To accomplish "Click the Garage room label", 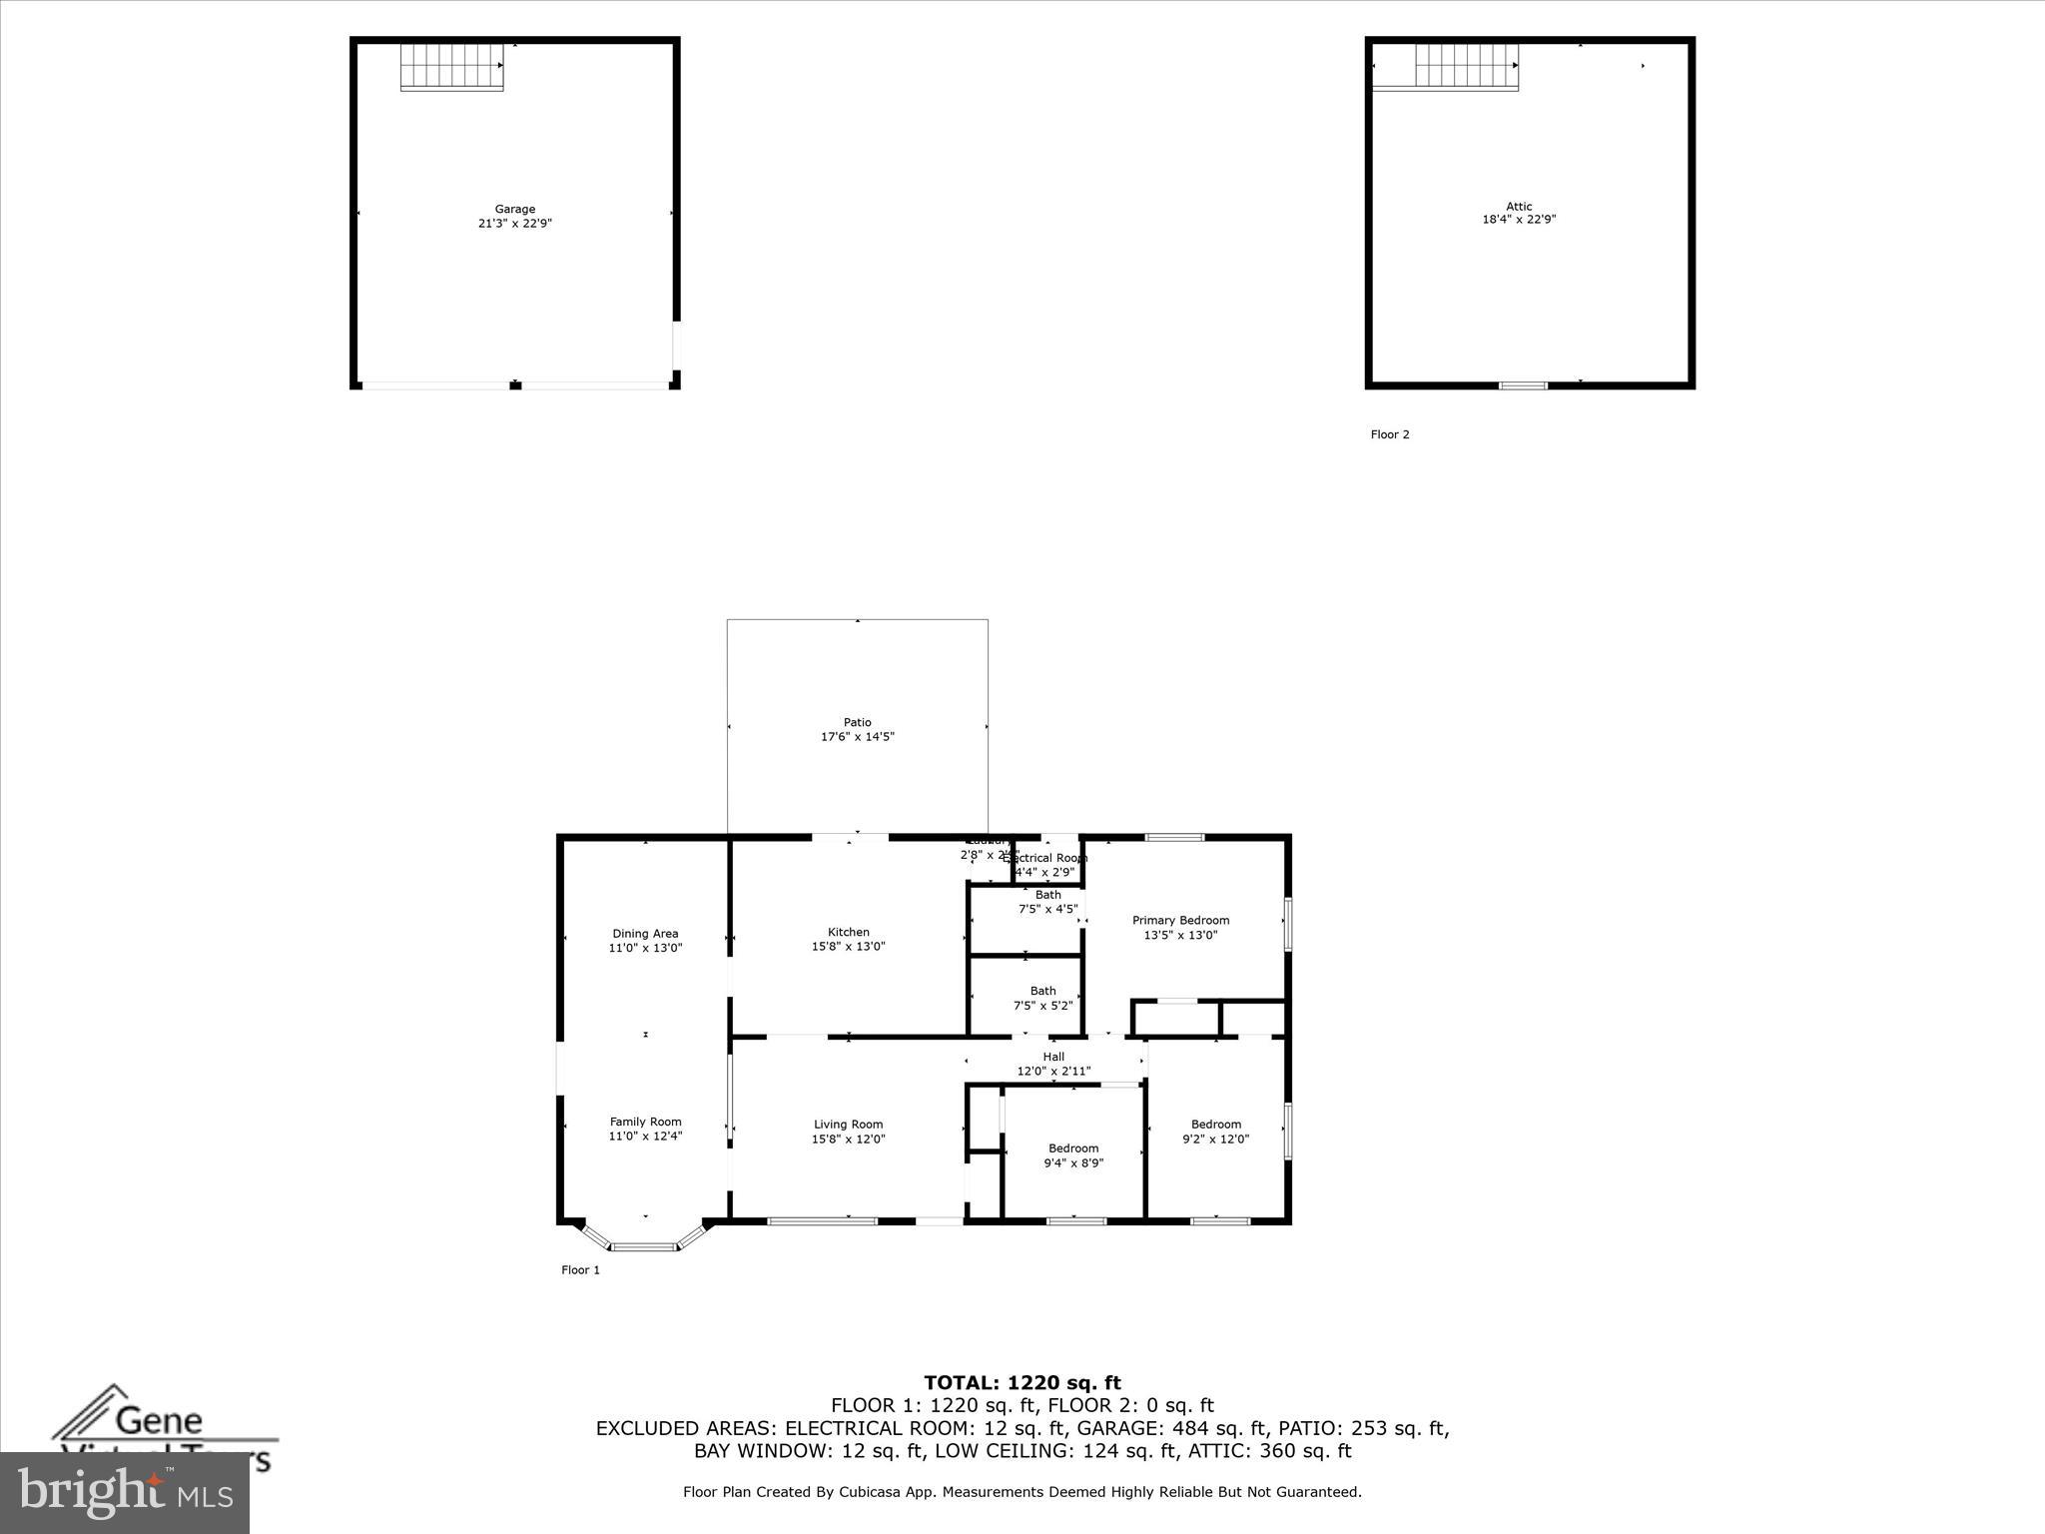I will tap(515, 210).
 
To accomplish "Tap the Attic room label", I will tap(1519, 207).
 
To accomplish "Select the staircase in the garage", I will tap(451, 66).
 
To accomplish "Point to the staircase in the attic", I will tap(1466, 67).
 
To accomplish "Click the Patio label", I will tap(857, 722).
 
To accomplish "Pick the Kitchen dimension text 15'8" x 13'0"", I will tap(848, 947).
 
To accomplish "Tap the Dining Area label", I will tap(645, 934).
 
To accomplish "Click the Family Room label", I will tap(645, 1122).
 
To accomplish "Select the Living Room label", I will tap(848, 1125).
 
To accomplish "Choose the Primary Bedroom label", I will tap(1180, 920).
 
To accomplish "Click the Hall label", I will tap(1053, 1057).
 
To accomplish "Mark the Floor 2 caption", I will tap(1390, 434).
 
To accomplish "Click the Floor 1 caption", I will tap(580, 1270).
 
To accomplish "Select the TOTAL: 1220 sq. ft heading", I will tap(1022, 1383).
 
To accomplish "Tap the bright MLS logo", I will tap(125, 1492).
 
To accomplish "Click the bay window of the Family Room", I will tap(644, 1244).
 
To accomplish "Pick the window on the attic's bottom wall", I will tap(1524, 385).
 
